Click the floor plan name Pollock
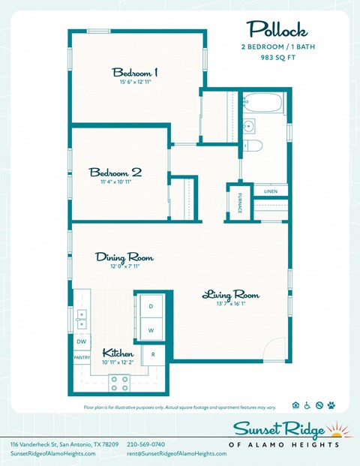click(x=277, y=31)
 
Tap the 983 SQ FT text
click(x=277, y=57)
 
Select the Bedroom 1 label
click(x=135, y=74)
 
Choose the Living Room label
click(x=230, y=295)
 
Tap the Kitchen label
click(x=118, y=353)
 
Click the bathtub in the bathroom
click(x=262, y=103)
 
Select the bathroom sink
click(x=250, y=125)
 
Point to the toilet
click(x=252, y=145)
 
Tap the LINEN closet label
click(x=271, y=192)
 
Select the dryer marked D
click(x=151, y=306)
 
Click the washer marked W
click(x=151, y=330)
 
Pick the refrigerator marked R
click(x=153, y=354)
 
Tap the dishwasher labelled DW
click(x=81, y=341)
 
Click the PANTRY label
click(x=81, y=358)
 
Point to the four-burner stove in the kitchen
click(x=118, y=383)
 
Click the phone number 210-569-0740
click(x=148, y=444)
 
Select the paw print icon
click(x=331, y=406)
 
